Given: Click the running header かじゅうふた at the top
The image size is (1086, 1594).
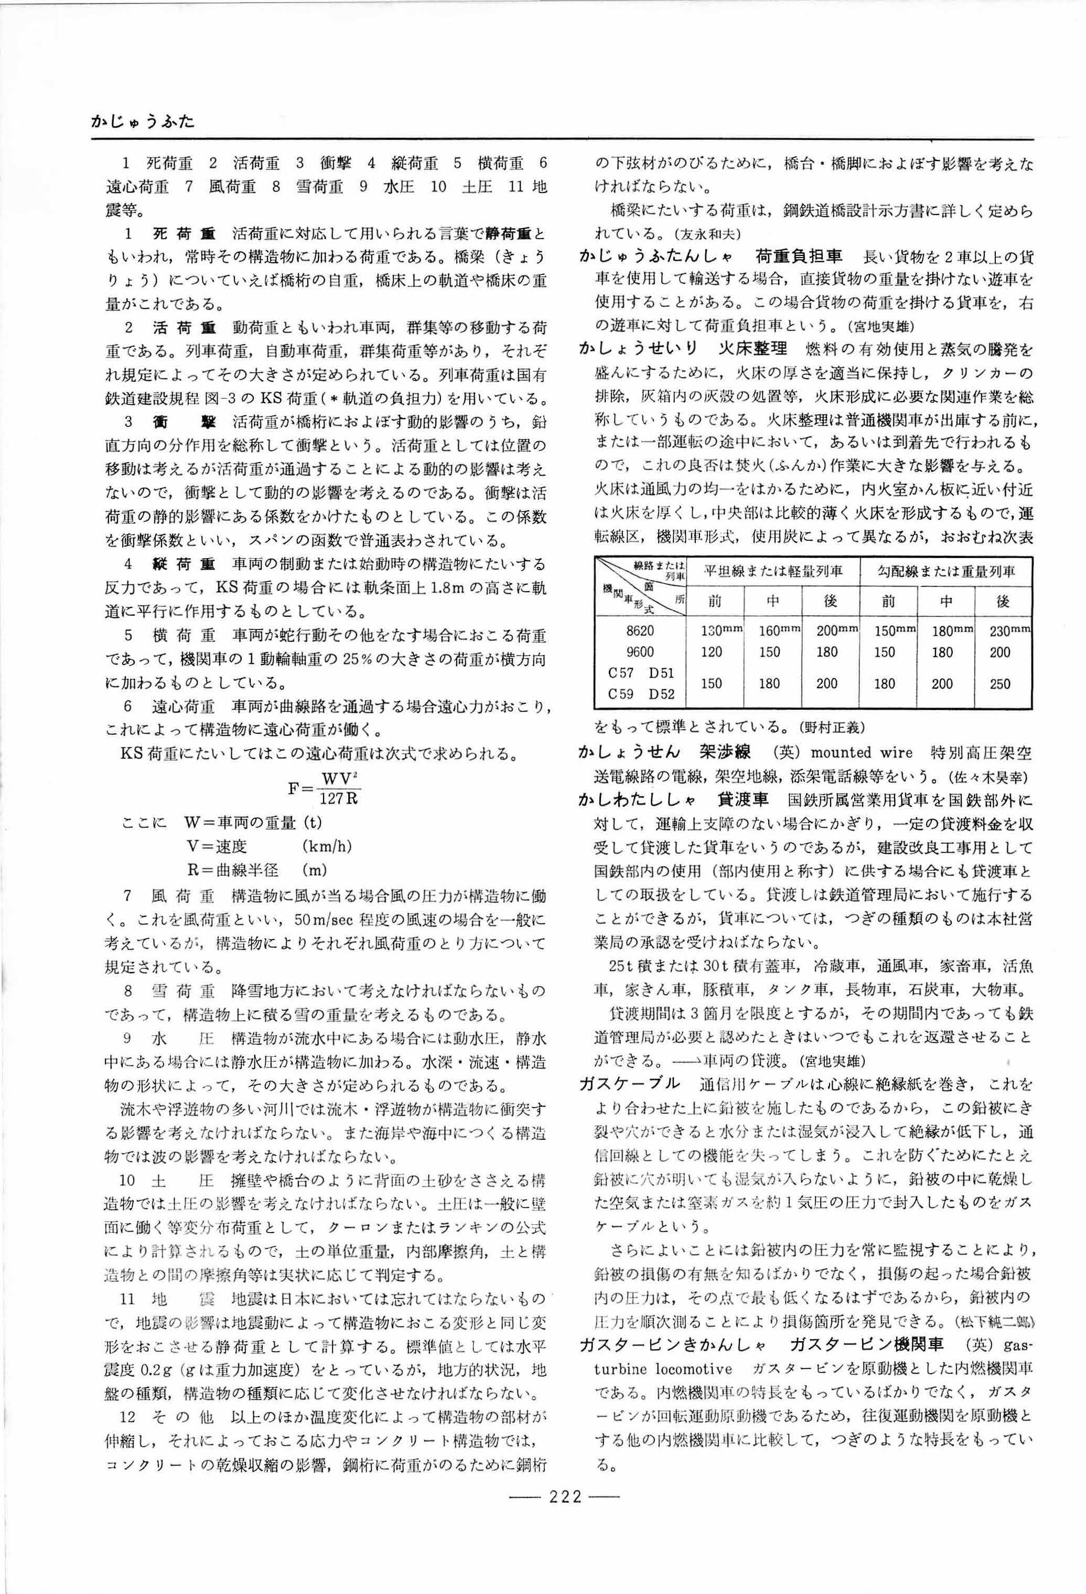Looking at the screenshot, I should [143, 122].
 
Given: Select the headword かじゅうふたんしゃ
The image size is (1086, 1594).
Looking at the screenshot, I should [657, 256].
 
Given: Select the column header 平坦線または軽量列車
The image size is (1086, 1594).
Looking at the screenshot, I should [772, 571].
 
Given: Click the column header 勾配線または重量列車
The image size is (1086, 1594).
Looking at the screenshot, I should [946, 571].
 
